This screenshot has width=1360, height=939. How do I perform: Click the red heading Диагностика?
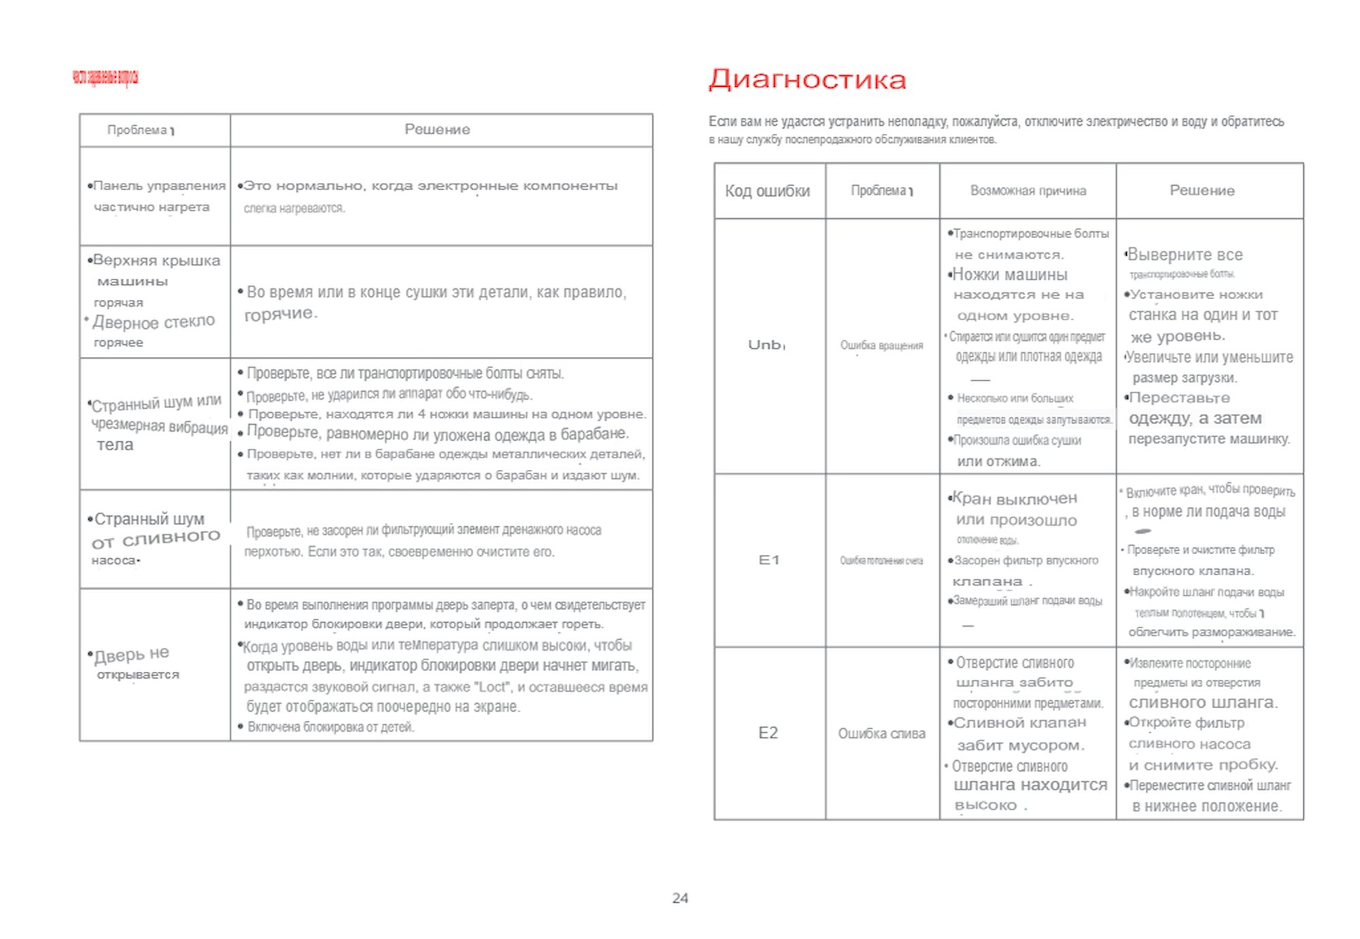coord(807,80)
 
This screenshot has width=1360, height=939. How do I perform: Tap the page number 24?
coord(680,898)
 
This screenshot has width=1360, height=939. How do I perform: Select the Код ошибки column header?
coord(768,191)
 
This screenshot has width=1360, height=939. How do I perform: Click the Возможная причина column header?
coord(1027,191)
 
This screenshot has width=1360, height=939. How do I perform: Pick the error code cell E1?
coord(769,560)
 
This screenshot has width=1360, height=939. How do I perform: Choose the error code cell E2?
coord(768,733)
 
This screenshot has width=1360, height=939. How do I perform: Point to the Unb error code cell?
coord(765,345)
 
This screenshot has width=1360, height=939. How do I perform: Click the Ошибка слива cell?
coord(881,734)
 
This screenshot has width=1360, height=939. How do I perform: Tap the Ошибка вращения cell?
coord(881,345)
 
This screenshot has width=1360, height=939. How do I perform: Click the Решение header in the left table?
coord(437,130)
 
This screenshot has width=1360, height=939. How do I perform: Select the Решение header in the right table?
coord(1202,191)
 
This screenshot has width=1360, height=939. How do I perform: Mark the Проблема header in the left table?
coord(137,130)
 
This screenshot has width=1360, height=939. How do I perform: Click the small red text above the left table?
coord(105,78)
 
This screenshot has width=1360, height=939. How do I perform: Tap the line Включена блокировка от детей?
coord(330,727)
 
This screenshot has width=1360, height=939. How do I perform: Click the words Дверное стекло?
coord(154,322)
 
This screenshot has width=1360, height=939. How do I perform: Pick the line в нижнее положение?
coord(1206,806)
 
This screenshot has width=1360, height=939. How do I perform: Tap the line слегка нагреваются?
coord(294,209)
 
